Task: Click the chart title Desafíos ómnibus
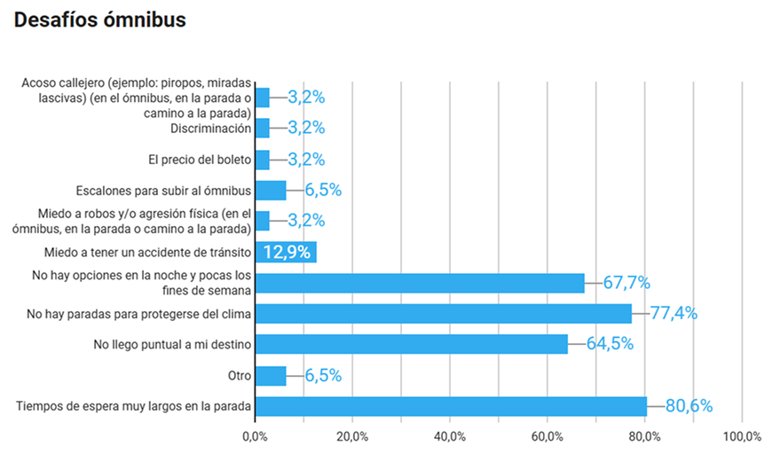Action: coord(100,20)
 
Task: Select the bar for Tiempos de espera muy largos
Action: coord(451,406)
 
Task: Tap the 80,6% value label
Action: coord(689,406)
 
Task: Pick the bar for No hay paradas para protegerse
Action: coord(443,314)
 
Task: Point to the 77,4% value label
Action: coord(673,313)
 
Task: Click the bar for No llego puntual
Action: coord(411,344)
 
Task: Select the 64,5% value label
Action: coord(610,344)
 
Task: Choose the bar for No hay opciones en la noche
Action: coord(419,283)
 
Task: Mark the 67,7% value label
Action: coord(626,283)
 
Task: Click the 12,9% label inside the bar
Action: coord(287,252)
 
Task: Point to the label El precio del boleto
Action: coord(199,160)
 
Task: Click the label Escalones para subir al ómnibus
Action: coord(163,190)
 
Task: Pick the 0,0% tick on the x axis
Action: coord(256,436)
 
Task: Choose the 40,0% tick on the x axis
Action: coord(451,436)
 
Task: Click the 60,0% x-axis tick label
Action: coord(548,436)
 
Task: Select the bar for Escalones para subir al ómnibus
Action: coord(271,191)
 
